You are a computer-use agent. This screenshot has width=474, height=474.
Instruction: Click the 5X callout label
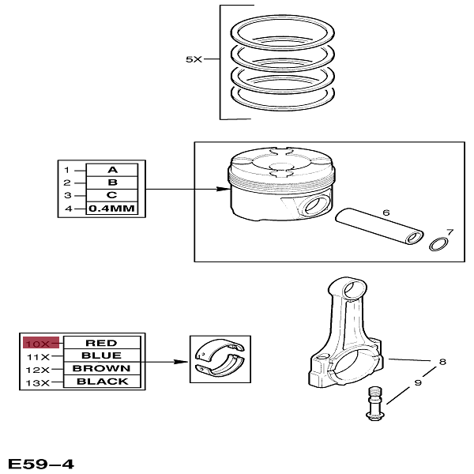pyautogui.click(x=194, y=59)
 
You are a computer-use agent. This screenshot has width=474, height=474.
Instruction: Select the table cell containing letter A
pyautogui.click(x=111, y=170)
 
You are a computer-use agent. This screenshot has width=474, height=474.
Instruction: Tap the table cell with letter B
pyautogui.click(x=111, y=182)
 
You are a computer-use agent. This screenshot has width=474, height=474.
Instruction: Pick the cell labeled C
pyautogui.click(x=111, y=195)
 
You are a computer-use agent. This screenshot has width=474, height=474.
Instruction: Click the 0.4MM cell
pyautogui.click(x=111, y=209)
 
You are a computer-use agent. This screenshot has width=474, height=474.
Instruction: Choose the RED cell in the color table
pyautogui.click(x=101, y=343)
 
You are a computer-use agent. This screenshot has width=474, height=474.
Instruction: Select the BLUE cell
pyautogui.click(x=101, y=355)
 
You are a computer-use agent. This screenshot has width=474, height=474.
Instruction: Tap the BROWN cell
pyautogui.click(x=101, y=369)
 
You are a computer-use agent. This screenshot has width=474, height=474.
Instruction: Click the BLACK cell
pyautogui.click(x=101, y=382)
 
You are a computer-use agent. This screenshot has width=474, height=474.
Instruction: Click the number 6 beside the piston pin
pyautogui.click(x=386, y=213)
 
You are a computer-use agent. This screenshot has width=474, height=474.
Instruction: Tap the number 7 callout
pyautogui.click(x=450, y=232)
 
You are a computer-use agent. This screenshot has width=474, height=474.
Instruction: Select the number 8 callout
pyautogui.click(x=442, y=362)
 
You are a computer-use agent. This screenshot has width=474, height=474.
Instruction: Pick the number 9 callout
pyautogui.click(x=418, y=384)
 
